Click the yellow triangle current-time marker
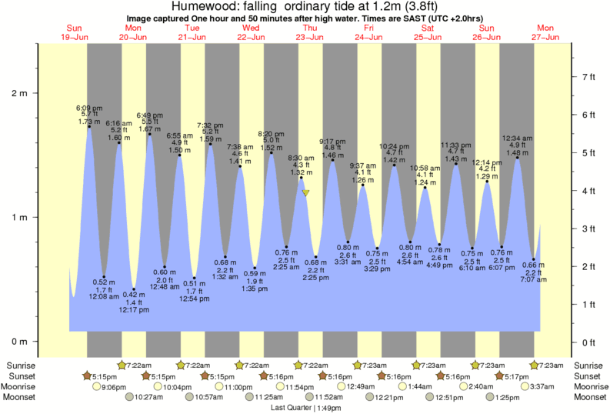click(x=306, y=193)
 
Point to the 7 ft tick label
click(x=588, y=77)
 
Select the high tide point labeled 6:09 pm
click(x=89, y=126)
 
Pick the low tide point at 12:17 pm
click(x=134, y=289)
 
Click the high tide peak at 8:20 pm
click(x=272, y=152)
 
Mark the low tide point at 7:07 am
click(x=534, y=259)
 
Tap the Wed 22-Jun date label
click(x=251, y=32)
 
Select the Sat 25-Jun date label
click(x=428, y=32)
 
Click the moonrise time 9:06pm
click(x=113, y=386)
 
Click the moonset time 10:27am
click(x=150, y=397)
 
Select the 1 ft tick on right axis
click(x=588, y=305)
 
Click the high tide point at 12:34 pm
click(x=517, y=157)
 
